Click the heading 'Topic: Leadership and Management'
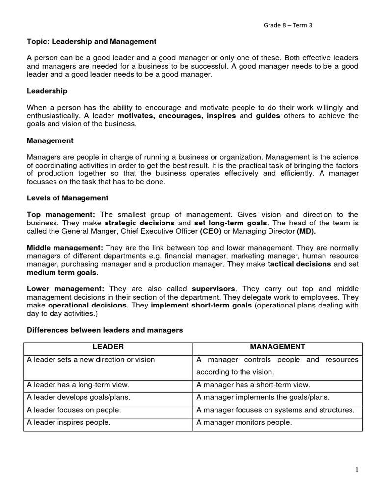(x=91, y=42)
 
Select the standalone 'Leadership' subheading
(x=47, y=91)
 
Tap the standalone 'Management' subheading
(x=50, y=140)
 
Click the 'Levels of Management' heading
(x=67, y=198)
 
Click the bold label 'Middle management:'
(x=65, y=247)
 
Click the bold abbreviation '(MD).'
(x=306, y=231)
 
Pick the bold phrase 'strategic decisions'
(x=140, y=223)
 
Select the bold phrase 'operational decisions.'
(x=88, y=305)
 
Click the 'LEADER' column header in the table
(x=108, y=347)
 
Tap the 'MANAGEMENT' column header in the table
(x=277, y=347)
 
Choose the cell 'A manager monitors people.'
(x=244, y=422)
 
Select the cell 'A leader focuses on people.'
(x=74, y=410)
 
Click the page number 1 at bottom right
(x=357, y=470)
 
